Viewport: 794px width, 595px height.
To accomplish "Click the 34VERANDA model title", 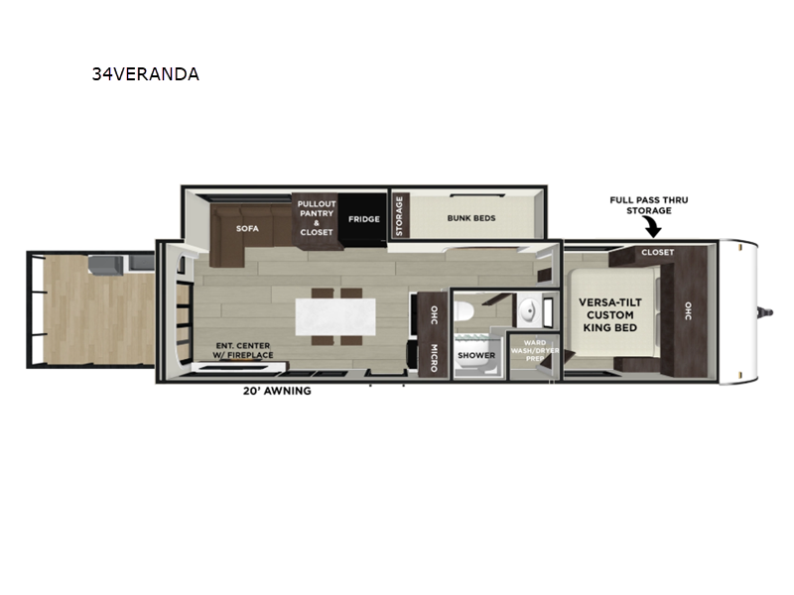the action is pyautogui.click(x=145, y=74).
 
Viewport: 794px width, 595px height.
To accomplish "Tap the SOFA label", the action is pyautogui.click(x=247, y=229).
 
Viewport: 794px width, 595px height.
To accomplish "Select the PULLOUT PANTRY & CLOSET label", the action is pyautogui.click(x=317, y=218).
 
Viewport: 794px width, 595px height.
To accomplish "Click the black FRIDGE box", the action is pyautogui.click(x=363, y=219).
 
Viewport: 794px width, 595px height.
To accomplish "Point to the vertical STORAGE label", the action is pyautogui.click(x=399, y=216).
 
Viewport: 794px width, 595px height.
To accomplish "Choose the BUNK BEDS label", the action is pyautogui.click(x=471, y=218).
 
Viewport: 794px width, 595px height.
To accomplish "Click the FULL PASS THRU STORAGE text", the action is pyautogui.click(x=649, y=205).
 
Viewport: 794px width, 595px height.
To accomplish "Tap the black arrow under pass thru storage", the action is pyautogui.click(x=652, y=227).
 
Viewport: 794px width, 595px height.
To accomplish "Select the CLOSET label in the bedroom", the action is pyautogui.click(x=658, y=252).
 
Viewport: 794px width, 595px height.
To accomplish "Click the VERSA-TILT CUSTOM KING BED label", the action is pyautogui.click(x=610, y=314).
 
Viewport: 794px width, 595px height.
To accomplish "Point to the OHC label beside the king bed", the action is pyautogui.click(x=688, y=310).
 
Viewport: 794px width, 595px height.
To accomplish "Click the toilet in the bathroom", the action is pyautogui.click(x=463, y=310).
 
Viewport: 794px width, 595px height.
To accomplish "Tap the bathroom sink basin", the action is pyautogui.click(x=529, y=309).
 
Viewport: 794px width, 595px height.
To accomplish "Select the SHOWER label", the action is pyautogui.click(x=476, y=355).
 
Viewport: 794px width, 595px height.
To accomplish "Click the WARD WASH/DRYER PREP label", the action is pyautogui.click(x=535, y=350).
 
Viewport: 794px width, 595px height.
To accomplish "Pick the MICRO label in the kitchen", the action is pyautogui.click(x=434, y=358).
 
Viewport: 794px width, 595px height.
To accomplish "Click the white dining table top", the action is pyautogui.click(x=335, y=316).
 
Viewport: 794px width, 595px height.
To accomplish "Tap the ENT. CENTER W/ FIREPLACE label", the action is pyautogui.click(x=243, y=350).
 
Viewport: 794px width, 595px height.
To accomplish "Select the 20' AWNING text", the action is pyautogui.click(x=277, y=391).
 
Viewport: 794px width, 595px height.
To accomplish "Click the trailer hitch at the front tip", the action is pyautogui.click(x=765, y=312).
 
